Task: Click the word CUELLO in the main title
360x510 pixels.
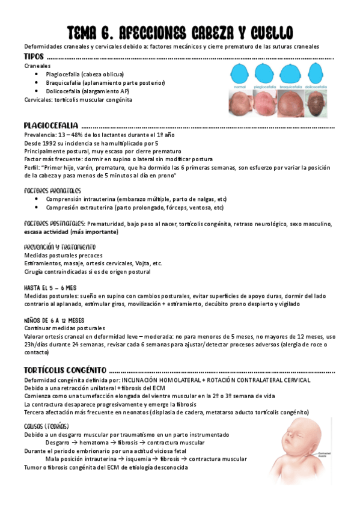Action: tap(265, 31)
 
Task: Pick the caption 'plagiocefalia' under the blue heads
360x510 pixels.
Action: tap(268, 87)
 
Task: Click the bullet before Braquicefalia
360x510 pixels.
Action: tap(38, 82)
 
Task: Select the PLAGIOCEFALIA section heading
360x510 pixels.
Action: tap(50, 125)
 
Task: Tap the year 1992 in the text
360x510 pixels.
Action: tap(55, 144)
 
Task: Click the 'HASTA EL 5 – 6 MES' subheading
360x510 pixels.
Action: tap(50, 287)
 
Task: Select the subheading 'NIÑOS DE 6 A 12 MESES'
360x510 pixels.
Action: tap(54, 320)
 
